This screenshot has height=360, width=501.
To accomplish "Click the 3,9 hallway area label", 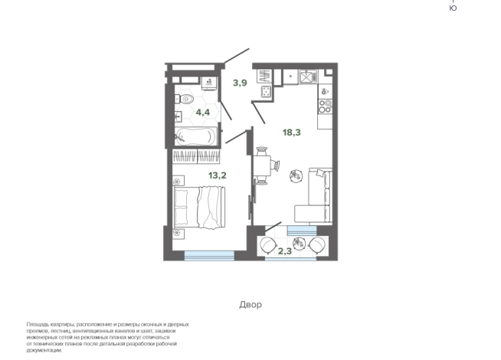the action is pyautogui.click(x=240, y=83).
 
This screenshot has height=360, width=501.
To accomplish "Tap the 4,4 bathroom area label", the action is pyautogui.click(x=203, y=113).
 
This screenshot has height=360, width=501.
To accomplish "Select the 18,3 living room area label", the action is pyautogui.click(x=292, y=133).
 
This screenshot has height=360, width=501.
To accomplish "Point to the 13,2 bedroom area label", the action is pyautogui.click(x=218, y=175).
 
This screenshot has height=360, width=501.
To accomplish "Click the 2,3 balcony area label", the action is pyautogui.click(x=285, y=251).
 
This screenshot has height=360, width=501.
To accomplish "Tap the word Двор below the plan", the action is pyautogui.click(x=250, y=304).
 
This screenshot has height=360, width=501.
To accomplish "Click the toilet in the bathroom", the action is pyautogui.click(x=185, y=99).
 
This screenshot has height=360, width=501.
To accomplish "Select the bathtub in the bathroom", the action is pyautogui.click(x=196, y=136).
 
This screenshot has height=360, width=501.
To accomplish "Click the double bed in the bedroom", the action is pyautogui.click(x=199, y=208).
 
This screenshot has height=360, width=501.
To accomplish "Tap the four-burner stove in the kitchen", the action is pyautogui.click(x=326, y=106).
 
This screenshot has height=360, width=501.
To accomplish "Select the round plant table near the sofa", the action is pyautogui.click(x=296, y=175).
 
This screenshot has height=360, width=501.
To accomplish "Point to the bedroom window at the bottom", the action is pyautogui.click(x=209, y=255).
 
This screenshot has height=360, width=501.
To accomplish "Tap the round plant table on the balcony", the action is pyautogui.click(x=299, y=244).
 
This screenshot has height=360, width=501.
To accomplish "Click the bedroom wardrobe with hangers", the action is pyautogui.click(x=196, y=156).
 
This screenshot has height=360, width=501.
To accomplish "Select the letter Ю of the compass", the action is pyautogui.click(x=453, y=8).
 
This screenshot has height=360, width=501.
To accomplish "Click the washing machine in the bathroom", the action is pyautogui.click(x=210, y=83).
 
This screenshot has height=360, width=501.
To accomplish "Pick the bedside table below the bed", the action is pyautogui.click(x=178, y=234).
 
